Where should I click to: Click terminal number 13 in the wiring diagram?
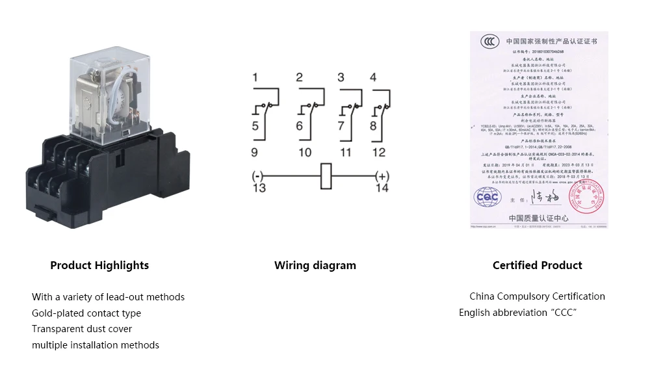(x=259, y=188)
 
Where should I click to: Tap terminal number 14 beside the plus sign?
(x=382, y=188)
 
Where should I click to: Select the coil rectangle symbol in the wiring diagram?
(x=326, y=176)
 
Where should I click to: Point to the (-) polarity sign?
(x=258, y=176)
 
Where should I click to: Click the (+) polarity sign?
(x=382, y=176)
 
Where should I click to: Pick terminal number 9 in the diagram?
(x=255, y=153)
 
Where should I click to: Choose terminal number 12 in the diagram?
(x=379, y=153)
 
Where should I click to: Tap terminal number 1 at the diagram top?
(x=255, y=78)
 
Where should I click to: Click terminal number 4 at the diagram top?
(x=372, y=77)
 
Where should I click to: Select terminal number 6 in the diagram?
(x=300, y=126)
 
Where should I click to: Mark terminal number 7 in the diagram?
(x=342, y=126)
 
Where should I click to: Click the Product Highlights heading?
(x=99, y=265)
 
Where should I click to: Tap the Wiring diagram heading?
(x=315, y=265)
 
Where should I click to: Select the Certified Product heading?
(x=538, y=265)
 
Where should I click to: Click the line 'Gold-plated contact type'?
(x=86, y=313)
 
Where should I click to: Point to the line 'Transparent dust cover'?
(x=82, y=329)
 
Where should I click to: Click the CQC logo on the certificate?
(x=487, y=196)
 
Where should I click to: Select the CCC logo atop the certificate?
(x=490, y=42)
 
